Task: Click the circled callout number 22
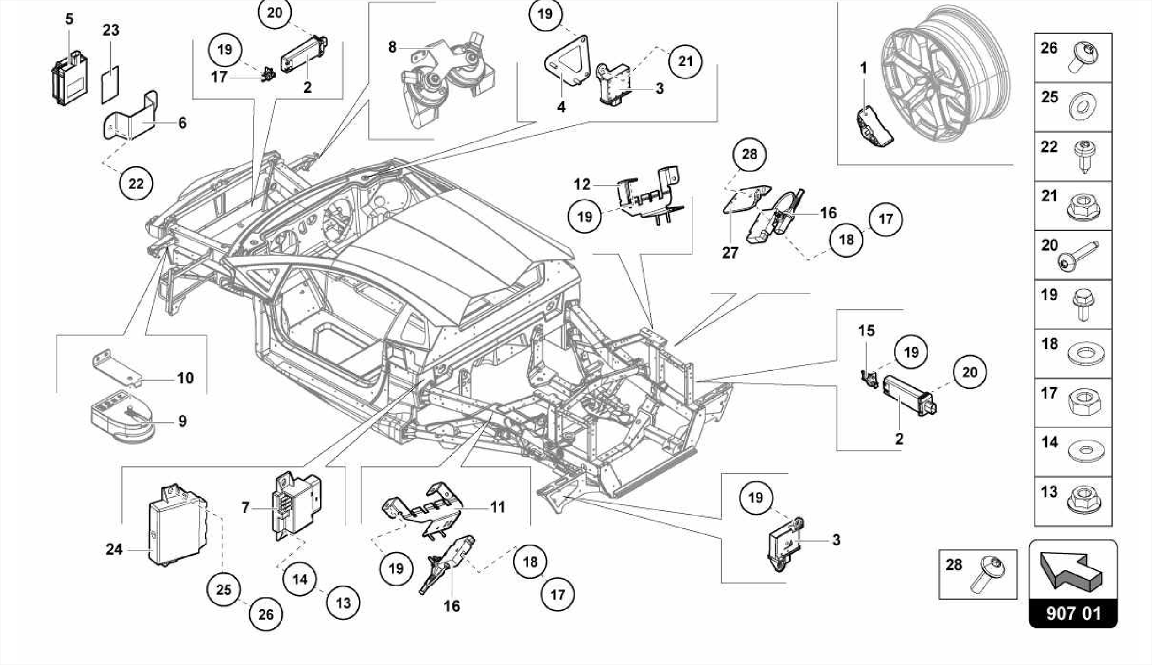(136, 183)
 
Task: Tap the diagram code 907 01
(1073, 613)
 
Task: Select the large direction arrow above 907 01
(1070, 570)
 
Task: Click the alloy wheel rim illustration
(945, 79)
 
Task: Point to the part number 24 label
(114, 549)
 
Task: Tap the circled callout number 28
(749, 154)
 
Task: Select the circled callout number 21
(685, 61)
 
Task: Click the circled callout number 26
(265, 614)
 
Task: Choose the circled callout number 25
(224, 590)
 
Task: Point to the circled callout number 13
(343, 603)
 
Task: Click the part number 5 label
(69, 19)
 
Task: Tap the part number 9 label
(182, 421)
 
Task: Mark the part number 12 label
(582, 185)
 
